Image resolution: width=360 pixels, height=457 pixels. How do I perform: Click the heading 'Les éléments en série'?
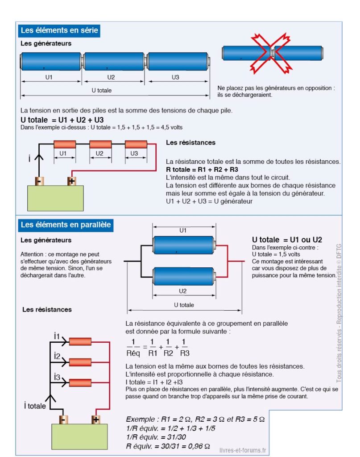click(x=59, y=30)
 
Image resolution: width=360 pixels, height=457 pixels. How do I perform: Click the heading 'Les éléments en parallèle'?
click(x=66, y=225)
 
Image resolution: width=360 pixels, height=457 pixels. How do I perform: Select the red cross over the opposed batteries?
click(x=272, y=53)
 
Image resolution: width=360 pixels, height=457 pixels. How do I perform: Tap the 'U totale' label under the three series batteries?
click(x=102, y=90)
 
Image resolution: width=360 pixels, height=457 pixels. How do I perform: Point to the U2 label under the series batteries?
click(x=111, y=77)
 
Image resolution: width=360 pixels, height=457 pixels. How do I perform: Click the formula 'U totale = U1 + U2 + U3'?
click(x=62, y=120)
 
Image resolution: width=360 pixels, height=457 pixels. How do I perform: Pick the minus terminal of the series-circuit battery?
click(x=39, y=181)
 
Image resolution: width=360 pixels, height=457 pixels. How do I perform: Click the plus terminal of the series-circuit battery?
click(x=72, y=181)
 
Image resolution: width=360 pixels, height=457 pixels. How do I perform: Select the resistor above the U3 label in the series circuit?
click(x=136, y=144)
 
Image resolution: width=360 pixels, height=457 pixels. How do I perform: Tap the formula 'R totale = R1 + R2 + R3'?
click(x=202, y=170)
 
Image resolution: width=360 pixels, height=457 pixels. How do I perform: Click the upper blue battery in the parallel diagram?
click(x=184, y=245)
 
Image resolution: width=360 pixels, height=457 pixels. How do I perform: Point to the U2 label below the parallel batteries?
click(x=182, y=291)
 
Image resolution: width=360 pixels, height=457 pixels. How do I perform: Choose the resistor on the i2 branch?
click(x=80, y=362)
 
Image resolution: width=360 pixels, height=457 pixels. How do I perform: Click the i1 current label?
click(x=57, y=336)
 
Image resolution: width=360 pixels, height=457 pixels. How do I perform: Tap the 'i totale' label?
click(x=35, y=406)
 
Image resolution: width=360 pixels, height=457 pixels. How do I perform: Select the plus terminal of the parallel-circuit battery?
click(x=96, y=420)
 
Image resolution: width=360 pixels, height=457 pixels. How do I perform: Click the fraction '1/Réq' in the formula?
click(x=133, y=347)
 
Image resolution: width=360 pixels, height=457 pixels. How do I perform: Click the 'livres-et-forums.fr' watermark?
click(x=243, y=450)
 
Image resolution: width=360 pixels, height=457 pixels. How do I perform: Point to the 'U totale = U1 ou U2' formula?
click(x=287, y=240)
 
